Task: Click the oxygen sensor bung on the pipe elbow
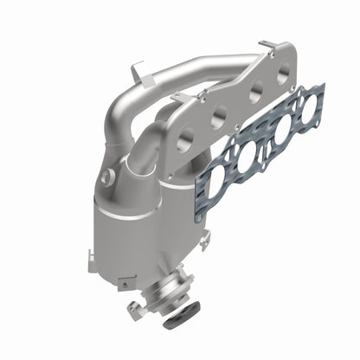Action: click(x=106, y=177)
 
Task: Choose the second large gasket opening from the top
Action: click(x=281, y=129)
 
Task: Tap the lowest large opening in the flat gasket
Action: click(x=214, y=182)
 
